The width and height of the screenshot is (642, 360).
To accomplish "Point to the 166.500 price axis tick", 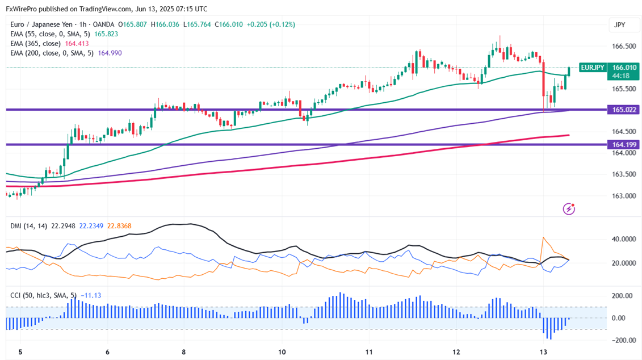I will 623,46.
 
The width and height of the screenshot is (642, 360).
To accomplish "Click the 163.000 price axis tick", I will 623,196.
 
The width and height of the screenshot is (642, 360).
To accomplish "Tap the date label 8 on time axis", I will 183,352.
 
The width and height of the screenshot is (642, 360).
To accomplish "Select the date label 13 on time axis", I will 543,352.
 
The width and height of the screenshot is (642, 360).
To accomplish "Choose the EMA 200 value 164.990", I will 110,53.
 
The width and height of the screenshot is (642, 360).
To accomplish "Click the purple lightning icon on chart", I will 569,209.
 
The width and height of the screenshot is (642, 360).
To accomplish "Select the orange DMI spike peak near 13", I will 544,237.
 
